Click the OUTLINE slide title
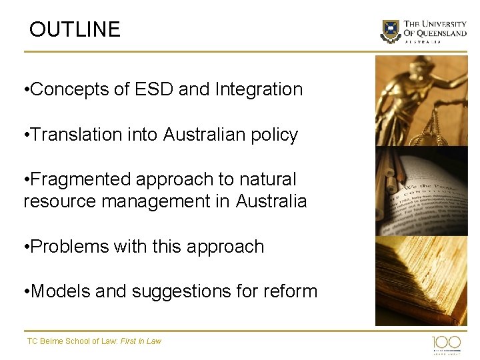coord(75,29)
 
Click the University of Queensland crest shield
coord(391,31)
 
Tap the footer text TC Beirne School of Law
coord(72,341)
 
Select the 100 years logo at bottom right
coord(446,344)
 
